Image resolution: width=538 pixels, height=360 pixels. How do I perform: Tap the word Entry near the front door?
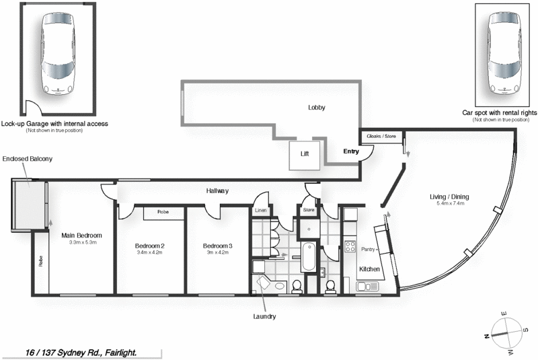351,151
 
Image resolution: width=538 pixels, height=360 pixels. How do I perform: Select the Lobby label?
316,108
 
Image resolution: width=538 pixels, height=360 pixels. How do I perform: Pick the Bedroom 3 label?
218,246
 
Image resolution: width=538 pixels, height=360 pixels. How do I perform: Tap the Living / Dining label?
449,197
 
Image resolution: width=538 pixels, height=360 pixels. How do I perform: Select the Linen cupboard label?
260,211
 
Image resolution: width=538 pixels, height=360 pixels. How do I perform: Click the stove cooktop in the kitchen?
350,246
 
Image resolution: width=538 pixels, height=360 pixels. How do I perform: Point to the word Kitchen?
369,269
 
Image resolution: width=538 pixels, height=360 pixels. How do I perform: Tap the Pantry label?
367,249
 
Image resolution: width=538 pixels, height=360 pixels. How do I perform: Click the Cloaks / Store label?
382,137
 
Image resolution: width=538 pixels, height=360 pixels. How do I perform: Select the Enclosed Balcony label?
28,159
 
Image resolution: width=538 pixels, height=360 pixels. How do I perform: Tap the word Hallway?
217,191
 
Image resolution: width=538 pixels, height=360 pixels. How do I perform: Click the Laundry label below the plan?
264,316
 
